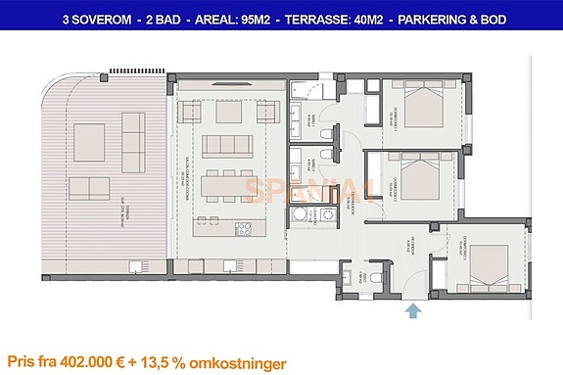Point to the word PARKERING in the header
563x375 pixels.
pos(431,19)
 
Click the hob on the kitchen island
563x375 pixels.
pos(244,229)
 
